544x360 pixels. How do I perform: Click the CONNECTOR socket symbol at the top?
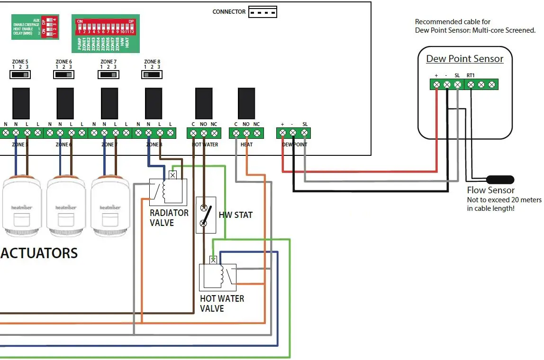[x=263, y=12]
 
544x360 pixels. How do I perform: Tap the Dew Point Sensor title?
[x=464, y=59]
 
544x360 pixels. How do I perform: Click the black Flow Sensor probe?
[x=500, y=180]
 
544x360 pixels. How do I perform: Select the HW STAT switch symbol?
[x=206, y=215]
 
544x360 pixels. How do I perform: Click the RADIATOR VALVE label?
[x=169, y=218]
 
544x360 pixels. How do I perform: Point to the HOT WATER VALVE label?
[x=222, y=304]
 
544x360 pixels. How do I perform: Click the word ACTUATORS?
[x=39, y=253]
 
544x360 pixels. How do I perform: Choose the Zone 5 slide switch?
[x=20, y=74]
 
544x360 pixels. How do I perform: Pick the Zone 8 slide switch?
[x=152, y=74]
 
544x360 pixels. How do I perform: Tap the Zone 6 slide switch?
[x=64, y=74]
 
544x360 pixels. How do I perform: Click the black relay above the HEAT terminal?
[x=246, y=103]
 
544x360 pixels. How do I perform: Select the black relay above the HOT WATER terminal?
[x=204, y=103]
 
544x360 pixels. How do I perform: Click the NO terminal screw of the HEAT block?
[x=246, y=134]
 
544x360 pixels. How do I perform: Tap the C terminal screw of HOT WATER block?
[x=193, y=134]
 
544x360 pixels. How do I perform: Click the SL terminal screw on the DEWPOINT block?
[x=305, y=134]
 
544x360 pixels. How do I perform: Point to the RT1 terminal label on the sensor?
[x=470, y=75]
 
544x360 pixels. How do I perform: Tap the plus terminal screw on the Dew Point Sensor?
[x=436, y=85]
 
